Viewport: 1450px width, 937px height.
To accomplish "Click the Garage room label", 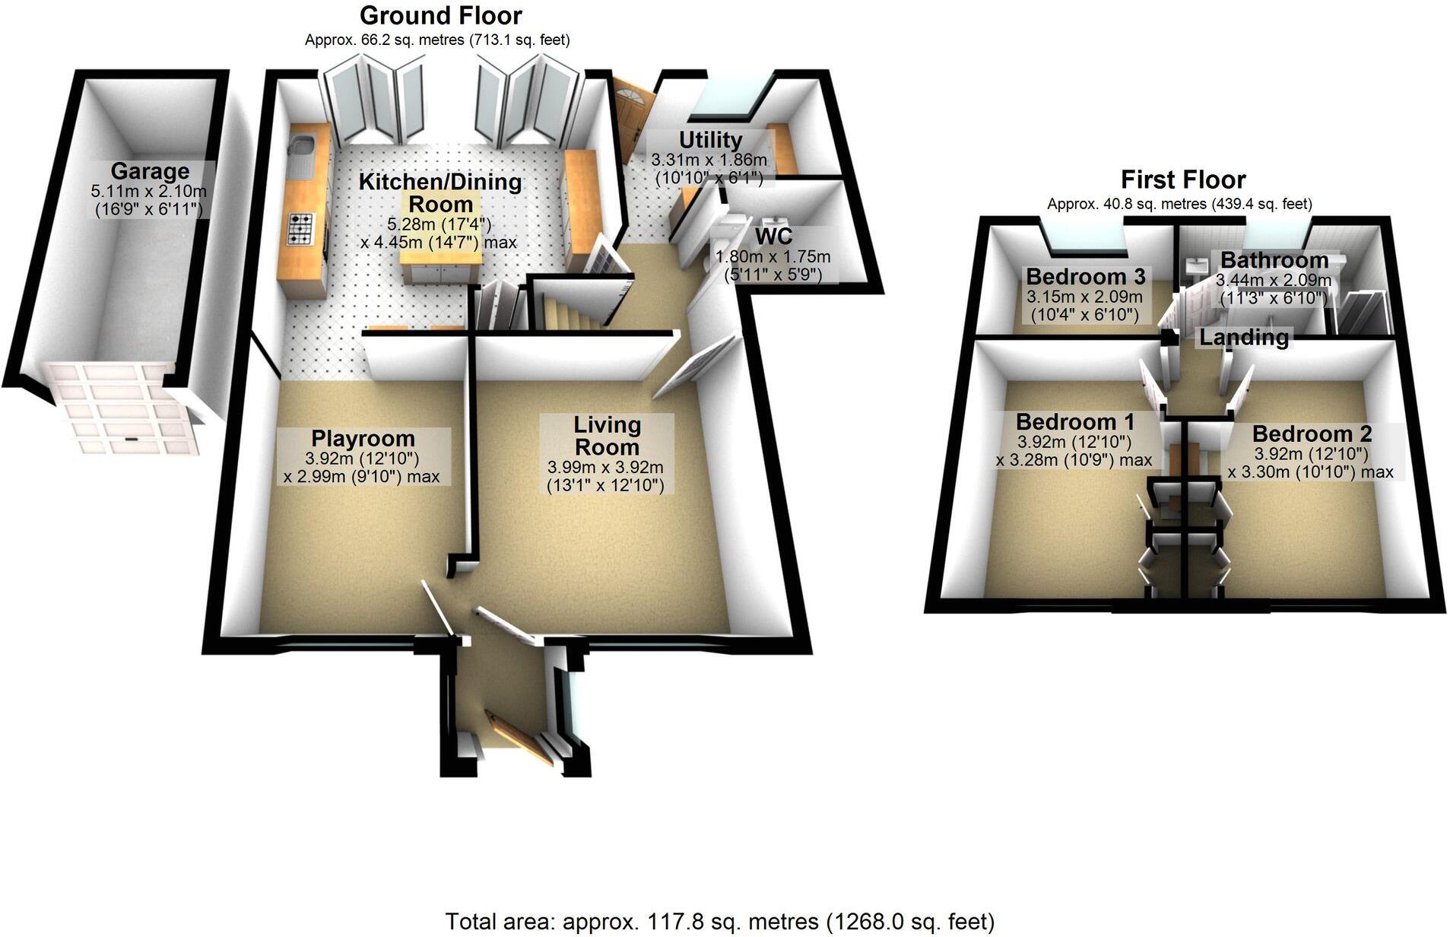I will tap(150, 172).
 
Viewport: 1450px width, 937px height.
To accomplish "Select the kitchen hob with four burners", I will tap(300, 229).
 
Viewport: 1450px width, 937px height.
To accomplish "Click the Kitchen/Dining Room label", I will tap(440, 192).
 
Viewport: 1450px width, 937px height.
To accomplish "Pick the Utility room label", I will tap(710, 140).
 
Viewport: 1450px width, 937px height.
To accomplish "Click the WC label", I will tap(773, 236).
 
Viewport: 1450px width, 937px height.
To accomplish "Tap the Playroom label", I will tap(363, 439).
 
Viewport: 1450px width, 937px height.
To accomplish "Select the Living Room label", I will tap(607, 436).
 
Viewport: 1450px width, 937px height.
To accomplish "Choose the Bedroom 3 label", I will tap(1085, 276).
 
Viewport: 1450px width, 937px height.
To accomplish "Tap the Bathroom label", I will tap(1274, 260).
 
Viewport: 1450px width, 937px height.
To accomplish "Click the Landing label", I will tap(1244, 337).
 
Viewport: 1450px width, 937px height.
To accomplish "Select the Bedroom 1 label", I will tap(1074, 421).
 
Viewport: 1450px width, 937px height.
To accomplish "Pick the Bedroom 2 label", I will tap(1312, 434).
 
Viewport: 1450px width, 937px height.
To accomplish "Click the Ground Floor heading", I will tap(440, 15).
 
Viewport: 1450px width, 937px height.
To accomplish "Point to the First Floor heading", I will tap(1183, 179).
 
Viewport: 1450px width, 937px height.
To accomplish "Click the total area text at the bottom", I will tap(719, 922).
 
